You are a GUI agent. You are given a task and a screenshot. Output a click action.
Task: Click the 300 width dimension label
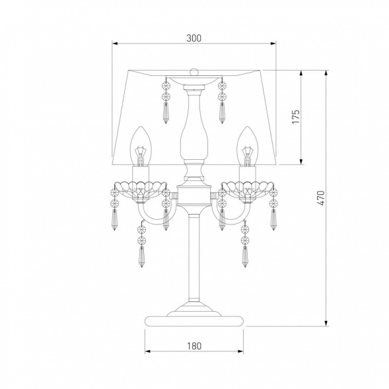pyautogui.click(x=194, y=38)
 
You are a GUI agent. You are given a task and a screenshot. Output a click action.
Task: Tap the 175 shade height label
pyautogui.click(x=296, y=117)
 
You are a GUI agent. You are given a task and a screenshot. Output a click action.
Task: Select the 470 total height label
pyautogui.click(x=321, y=197)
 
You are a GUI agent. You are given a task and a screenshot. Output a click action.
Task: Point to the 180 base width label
pyautogui.click(x=194, y=346)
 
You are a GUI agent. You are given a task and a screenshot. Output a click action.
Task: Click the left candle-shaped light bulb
pyautogui.click(x=141, y=147)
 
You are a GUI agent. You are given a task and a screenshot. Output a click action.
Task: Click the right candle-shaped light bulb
pyautogui.click(x=247, y=147)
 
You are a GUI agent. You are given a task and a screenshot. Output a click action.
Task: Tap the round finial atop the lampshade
pyautogui.click(x=194, y=72)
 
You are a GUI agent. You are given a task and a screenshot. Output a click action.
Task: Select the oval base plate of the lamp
pyautogui.click(x=194, y=322)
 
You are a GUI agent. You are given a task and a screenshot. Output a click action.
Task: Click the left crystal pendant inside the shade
pyautogui.click(x=166, y=102)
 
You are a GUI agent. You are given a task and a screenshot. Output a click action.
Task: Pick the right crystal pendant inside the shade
pyautogui.click(x=221, y=102)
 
